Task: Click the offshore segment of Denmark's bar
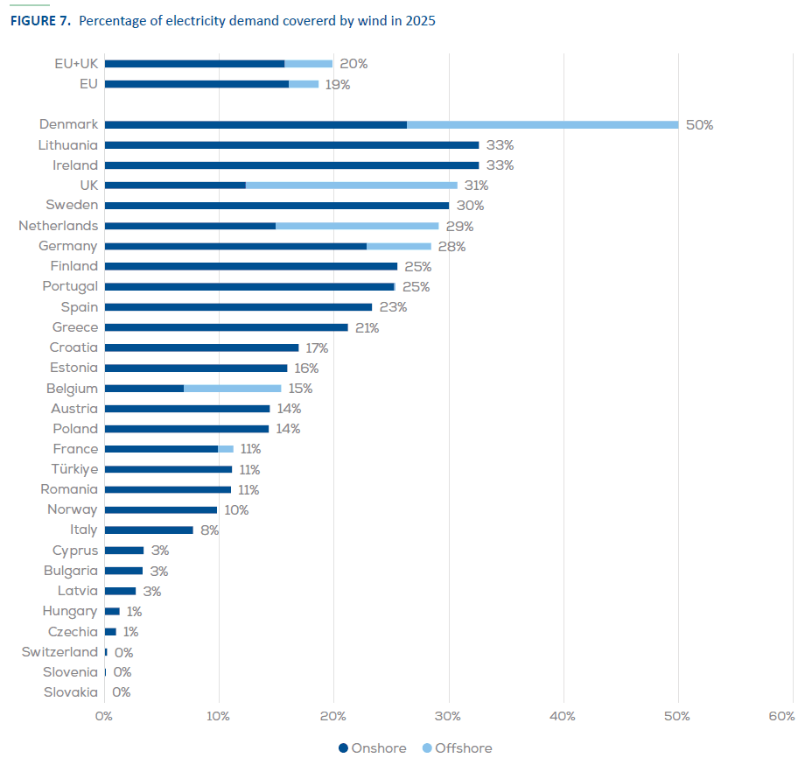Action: click(x=542, y=124)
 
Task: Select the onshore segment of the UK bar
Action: click(x=175, y=185)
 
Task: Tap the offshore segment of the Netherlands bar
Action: click(x=357, y=226)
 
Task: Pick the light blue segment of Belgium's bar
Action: click(x=233, y=388)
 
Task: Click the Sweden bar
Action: click(x=276, y=206)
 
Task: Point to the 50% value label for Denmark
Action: click(x=699, y=125)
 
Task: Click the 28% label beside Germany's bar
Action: click(x=451, y=247)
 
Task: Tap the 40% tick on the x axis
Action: click(x=563, y=716)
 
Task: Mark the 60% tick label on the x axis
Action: click(x=781, y=716)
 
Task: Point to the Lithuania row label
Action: click(x=68, y=145)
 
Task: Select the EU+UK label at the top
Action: click(x=75, y=64)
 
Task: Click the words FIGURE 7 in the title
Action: click(x=40, y=21)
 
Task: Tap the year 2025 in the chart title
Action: click(x=419, y=21)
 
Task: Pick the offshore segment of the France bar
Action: click(x=226, y=449)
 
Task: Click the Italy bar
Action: click(x=149, y=530)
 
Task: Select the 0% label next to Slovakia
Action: click(x=122, y=692)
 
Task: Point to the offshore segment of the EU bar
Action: click(x=304, y=84)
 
